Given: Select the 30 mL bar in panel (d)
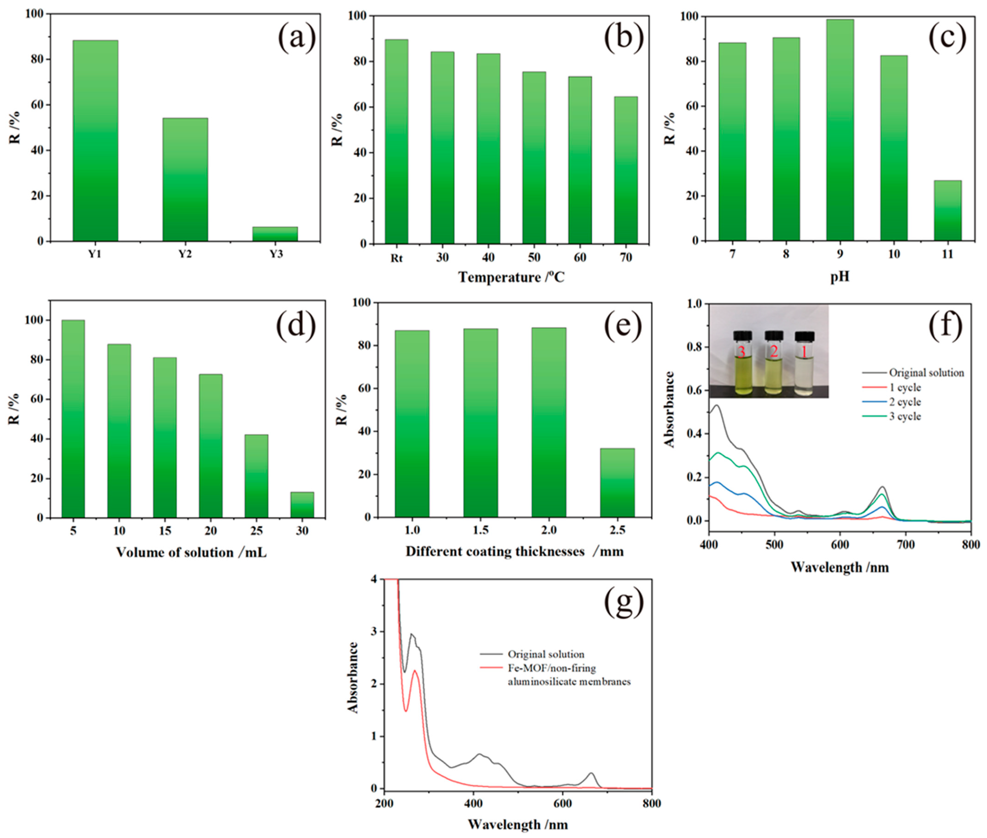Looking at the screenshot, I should pos(302,504).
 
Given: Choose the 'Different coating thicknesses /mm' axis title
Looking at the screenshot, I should pos(514,551).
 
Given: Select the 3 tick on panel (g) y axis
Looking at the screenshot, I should pos(374,631).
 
